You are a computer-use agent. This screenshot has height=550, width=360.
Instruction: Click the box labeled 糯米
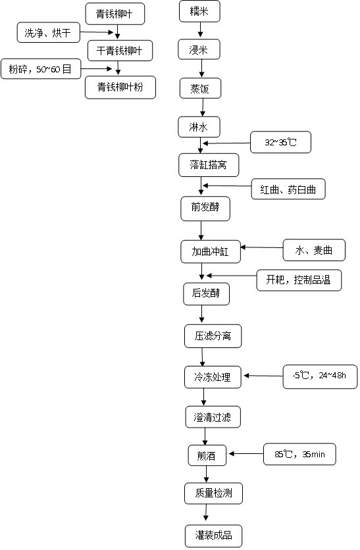click(x=199, y=12)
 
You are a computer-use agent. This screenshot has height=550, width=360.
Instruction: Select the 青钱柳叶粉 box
click(x=120, y=87)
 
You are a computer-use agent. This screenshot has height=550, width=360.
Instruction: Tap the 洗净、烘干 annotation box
click(x=49, y=33)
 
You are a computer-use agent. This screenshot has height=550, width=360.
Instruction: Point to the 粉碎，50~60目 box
click(x=41, y=68)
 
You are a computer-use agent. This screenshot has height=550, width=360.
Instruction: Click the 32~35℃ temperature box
click(x=280, y=142)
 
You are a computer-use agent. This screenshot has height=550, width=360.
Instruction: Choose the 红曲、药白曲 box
click(x=288, y=189)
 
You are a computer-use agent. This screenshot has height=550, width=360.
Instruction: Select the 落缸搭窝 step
click(x=209, y=165)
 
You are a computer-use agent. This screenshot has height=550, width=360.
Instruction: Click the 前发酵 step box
click(x=205, y=209)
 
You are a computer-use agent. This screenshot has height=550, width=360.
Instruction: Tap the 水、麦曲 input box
click(x=314, y=250)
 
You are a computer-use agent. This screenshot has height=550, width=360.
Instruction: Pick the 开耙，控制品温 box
click(x=299, y=280)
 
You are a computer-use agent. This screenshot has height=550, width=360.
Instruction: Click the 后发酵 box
click(x=206, y=294)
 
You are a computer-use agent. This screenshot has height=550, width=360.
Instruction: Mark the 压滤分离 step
click(x=213, y=336)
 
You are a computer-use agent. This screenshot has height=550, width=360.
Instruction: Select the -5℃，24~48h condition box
click(x=320, y=376)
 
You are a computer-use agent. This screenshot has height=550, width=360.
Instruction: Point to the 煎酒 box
click(x=207, y=455)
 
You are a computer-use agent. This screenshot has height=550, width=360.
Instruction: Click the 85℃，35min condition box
click(x=299, y=454)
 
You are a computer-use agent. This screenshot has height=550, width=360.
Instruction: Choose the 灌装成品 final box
click(x=214, y=536)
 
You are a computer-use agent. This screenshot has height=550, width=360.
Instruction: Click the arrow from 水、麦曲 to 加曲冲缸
click(x=262, y=247)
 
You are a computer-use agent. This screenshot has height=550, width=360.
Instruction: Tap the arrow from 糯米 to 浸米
click(x=200, y=30)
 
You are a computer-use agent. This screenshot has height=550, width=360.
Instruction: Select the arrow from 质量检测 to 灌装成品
click(x=206, y=512)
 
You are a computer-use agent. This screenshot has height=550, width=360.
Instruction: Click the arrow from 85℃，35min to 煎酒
click(x=246, y=453)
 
